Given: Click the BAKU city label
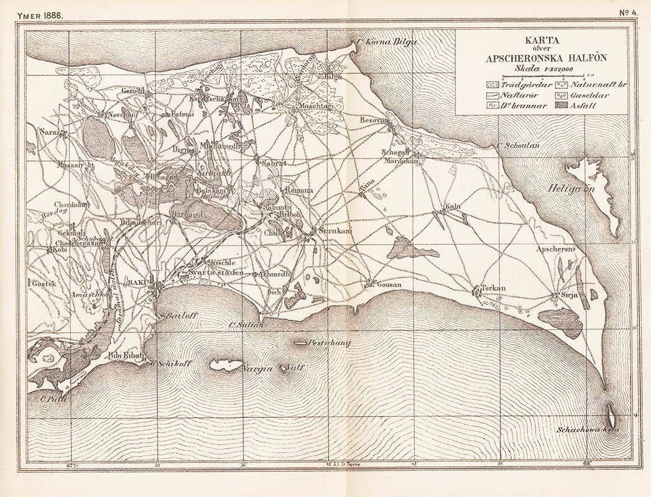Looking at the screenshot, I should tap(136, 283).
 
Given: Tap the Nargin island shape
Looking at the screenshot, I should tap(224, 365).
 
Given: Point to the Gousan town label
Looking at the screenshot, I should tap(389, 285).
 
